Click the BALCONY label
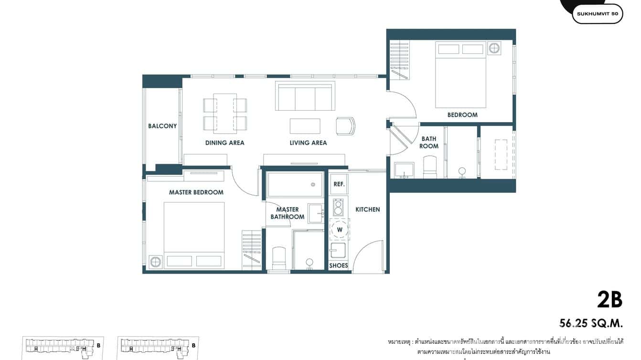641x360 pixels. (162, 126)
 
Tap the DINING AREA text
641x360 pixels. (224, 143)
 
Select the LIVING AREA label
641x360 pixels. (308, 143)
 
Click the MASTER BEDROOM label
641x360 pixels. (196, 192)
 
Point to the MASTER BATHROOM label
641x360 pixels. (288, 213)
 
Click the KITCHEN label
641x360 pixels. (367, 209)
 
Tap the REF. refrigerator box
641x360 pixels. (339, 184)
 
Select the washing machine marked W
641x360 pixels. (340, 230)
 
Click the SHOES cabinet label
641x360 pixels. (339, 265)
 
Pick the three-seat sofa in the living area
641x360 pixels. (305, 97)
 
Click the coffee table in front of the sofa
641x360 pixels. (305, 126)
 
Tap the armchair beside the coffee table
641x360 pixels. (345, 126)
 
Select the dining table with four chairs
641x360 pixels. (225, 113)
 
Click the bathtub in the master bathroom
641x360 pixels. (295, 185)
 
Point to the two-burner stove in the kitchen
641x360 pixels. (338, 207)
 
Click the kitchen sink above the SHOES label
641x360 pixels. (338, 250)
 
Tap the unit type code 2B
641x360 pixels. (609, 300)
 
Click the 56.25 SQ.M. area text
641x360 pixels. (591, 324)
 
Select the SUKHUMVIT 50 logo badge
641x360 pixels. (597, 14)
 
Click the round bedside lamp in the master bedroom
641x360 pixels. (155, 261)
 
